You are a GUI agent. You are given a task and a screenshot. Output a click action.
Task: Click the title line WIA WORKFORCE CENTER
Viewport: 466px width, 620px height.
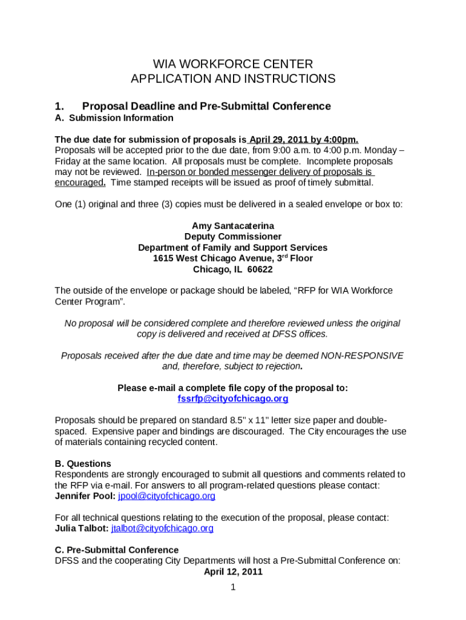[233, 64]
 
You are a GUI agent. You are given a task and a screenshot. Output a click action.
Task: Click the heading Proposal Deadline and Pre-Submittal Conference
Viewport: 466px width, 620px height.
[206, 106]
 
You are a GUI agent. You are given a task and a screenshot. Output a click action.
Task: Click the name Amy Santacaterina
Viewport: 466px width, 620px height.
[233, 225]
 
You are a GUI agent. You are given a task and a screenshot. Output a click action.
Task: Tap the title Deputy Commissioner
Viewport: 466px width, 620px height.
[233, 236]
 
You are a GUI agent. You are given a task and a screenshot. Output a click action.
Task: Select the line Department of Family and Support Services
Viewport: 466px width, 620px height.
[233, 247]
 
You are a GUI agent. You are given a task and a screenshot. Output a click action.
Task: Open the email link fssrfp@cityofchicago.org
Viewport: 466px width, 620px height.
[233, 398]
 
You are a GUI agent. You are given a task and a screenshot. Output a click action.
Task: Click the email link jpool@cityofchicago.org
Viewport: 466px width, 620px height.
[166, 496]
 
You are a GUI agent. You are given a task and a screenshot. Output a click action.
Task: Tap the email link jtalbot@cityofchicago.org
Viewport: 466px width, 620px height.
[162, 528]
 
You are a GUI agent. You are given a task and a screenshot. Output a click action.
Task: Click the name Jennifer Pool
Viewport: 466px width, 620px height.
[85, 496]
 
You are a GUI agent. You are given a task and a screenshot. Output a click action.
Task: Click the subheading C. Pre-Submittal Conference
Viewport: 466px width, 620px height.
[115, 550]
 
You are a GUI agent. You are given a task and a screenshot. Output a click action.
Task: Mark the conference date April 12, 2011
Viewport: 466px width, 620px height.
[233, 572]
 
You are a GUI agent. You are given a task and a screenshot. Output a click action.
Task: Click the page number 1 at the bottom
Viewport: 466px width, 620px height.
[233, 587]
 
